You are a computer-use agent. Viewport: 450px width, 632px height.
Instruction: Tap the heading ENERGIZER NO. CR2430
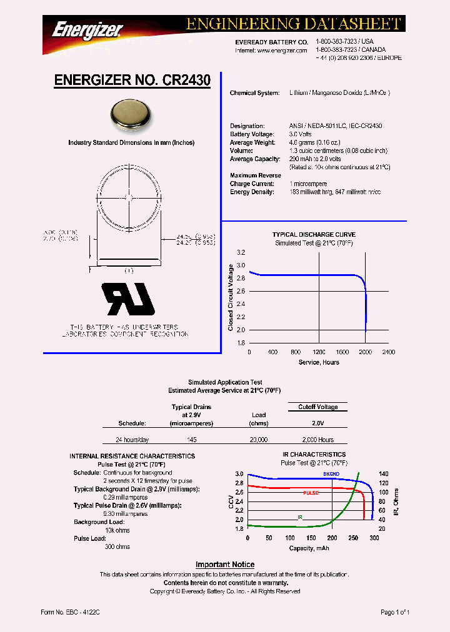tap(132, 81)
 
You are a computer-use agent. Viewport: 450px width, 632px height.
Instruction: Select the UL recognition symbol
tap(129, 300)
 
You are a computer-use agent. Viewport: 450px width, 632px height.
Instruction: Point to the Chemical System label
tap(254, 93)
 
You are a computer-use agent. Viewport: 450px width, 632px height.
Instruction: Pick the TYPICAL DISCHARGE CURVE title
tap(314, 235)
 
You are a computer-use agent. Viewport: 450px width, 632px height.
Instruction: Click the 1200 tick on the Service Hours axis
tap(319, 352)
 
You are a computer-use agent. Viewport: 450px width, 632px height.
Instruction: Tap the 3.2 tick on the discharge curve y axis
tap(241, 252)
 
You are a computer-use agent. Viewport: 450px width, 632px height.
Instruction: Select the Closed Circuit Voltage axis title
tap(231, 297)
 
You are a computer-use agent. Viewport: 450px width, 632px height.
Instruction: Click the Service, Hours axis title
tap(319, 362)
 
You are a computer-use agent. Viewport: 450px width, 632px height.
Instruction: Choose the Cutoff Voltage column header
tap(317, 407)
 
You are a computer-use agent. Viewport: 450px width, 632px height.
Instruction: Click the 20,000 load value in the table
tap(259, 440)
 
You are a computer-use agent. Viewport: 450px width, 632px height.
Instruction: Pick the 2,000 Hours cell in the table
tap(317, 440)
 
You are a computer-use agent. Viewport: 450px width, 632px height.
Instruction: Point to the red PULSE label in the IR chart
tap(311, 493)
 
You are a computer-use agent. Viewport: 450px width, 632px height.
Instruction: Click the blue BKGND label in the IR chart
tap(331, 475)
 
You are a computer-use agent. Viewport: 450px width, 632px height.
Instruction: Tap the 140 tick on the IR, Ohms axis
tap(383, 474)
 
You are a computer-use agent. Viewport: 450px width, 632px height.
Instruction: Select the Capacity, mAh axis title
tap(309, 548)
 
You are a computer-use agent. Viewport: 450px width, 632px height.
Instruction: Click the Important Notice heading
tap(225, 565)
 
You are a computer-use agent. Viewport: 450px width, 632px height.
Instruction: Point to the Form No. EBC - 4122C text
tap(69, 613)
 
